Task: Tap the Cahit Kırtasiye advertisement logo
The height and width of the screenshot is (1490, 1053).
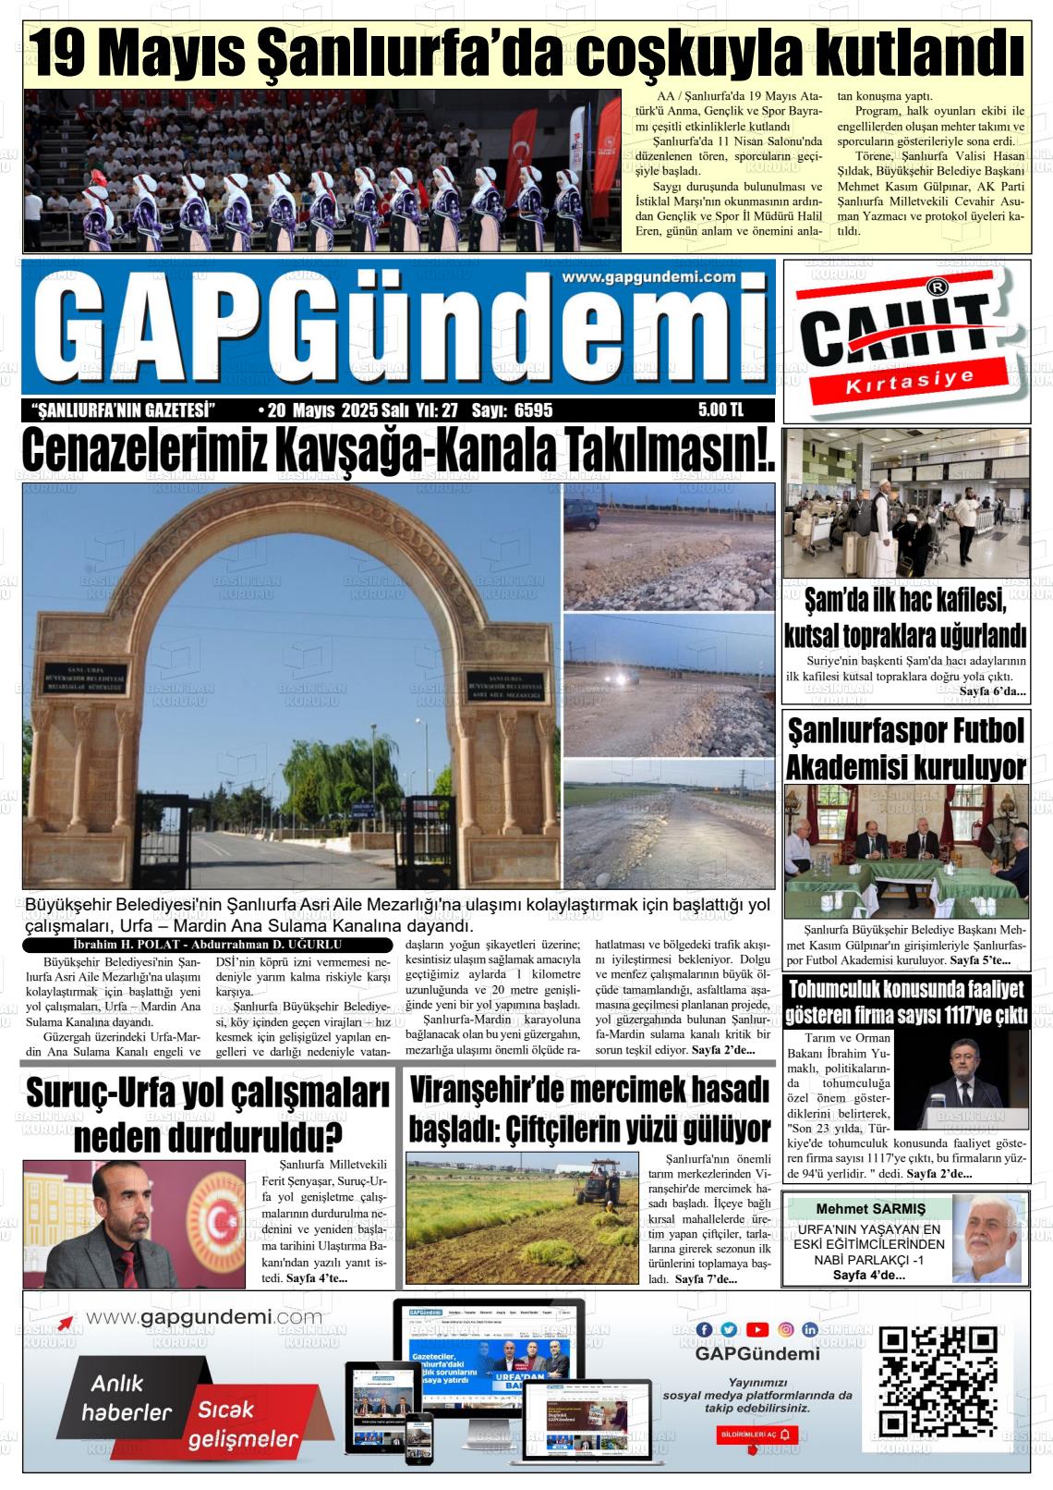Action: point(904,341)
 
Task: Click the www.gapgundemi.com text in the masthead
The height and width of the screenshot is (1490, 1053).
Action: point(648,277)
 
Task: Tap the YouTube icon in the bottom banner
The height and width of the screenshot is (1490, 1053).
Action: point(757,1329)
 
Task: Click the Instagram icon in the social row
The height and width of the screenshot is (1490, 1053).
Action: point(785,1329)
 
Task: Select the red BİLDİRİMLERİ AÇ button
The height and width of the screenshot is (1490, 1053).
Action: point(756,1434)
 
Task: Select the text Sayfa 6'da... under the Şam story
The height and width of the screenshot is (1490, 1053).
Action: point(992,691)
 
